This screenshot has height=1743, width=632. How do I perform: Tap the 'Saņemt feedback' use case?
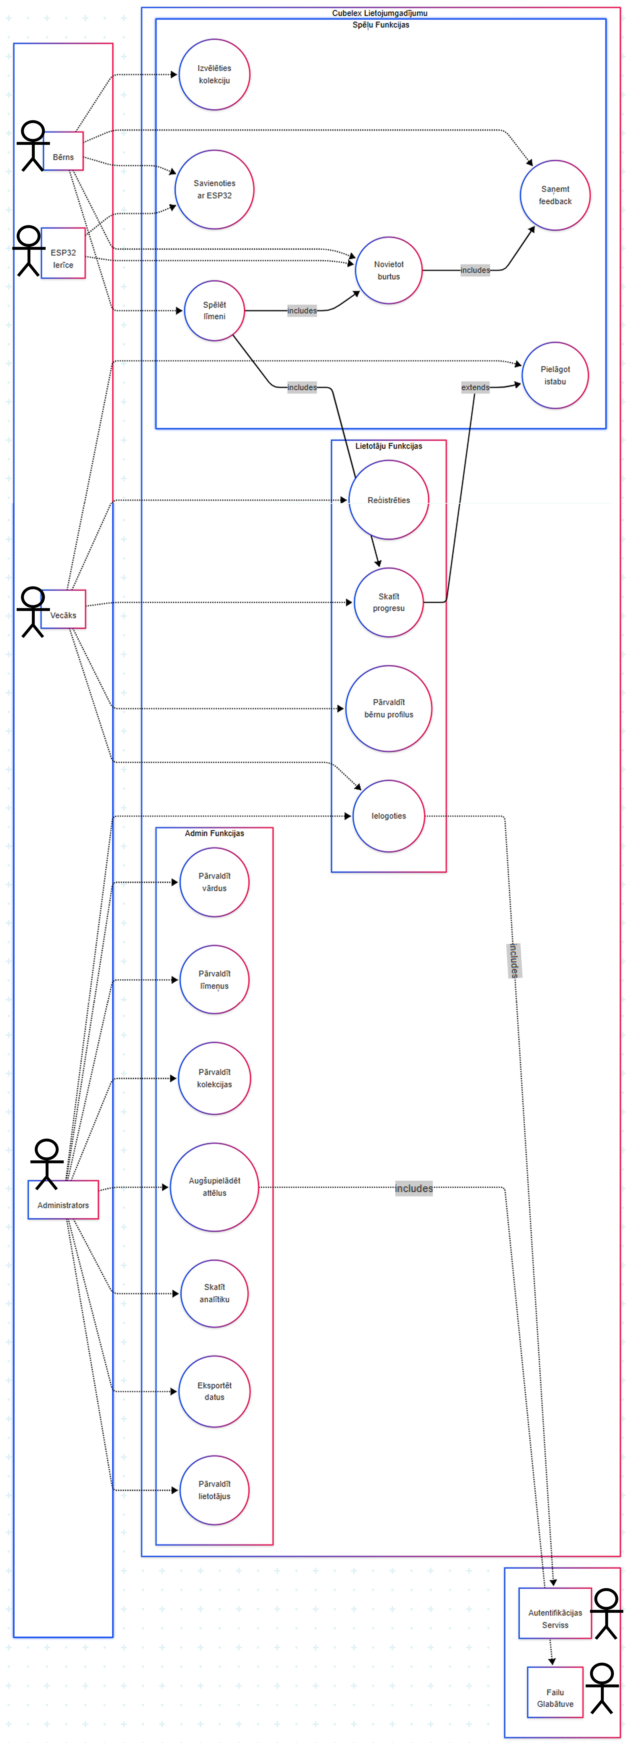[x=555, y=196]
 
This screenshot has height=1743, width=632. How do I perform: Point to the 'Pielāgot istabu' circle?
[x=555, y=375]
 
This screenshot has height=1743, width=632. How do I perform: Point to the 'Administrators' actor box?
[x=63, y=1200]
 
